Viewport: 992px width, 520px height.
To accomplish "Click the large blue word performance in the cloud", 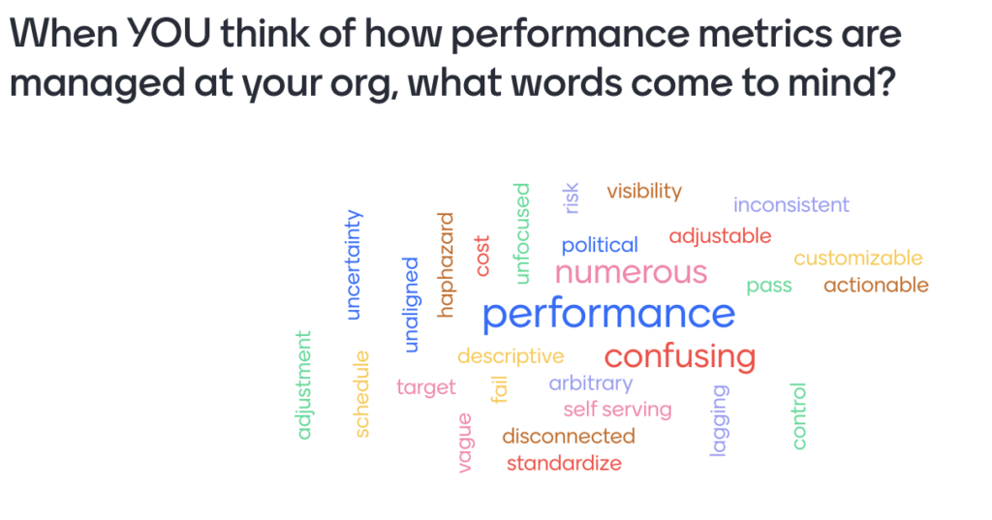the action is pos(608,315).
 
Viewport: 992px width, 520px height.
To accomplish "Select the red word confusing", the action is pos(680,357).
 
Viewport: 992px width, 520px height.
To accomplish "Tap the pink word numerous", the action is pos(631,273).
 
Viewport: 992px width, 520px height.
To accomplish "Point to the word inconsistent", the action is pos(790,205).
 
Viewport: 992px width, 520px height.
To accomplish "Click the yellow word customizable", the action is pos(858,259).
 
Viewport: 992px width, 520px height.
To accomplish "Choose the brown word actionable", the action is pos(876,286).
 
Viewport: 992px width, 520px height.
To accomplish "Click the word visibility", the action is pos(644,191).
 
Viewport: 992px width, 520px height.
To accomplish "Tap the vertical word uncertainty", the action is pos(354,264).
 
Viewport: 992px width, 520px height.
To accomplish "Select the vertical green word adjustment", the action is pos(304,384).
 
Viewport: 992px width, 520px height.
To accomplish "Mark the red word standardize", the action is pos(564,463).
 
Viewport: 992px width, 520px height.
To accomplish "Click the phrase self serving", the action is pos(617,410).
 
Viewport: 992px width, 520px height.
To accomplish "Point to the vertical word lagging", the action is pos(720,420).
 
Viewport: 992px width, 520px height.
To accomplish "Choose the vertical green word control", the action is pos(799,415).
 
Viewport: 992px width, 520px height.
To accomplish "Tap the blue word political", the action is pos(599,245).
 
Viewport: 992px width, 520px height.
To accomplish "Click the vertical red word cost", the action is pos(482,256).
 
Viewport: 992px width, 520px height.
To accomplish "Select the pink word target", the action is pos(426,387).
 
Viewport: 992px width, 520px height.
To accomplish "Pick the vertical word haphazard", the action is pos(446,264).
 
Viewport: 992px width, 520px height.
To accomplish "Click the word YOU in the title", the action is pos(169,32).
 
